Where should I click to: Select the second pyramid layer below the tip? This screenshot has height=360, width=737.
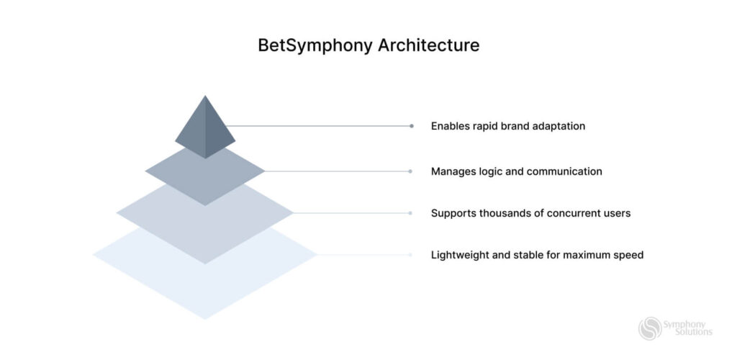pyautogui.click(x=205, y=176)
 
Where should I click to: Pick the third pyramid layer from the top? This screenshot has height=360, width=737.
pyautogui.click(x=205, y=220)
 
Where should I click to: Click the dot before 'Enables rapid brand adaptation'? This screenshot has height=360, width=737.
pyautogui.click(x=412, y=126)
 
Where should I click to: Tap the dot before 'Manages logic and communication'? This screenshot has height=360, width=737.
pyautogui.click(x=410, y=171)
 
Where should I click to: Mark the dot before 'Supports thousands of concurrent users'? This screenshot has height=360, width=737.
pyautogui.click(x=410, y=213)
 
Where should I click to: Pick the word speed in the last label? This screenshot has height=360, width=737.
pyautogui.click(x=628, y=255)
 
